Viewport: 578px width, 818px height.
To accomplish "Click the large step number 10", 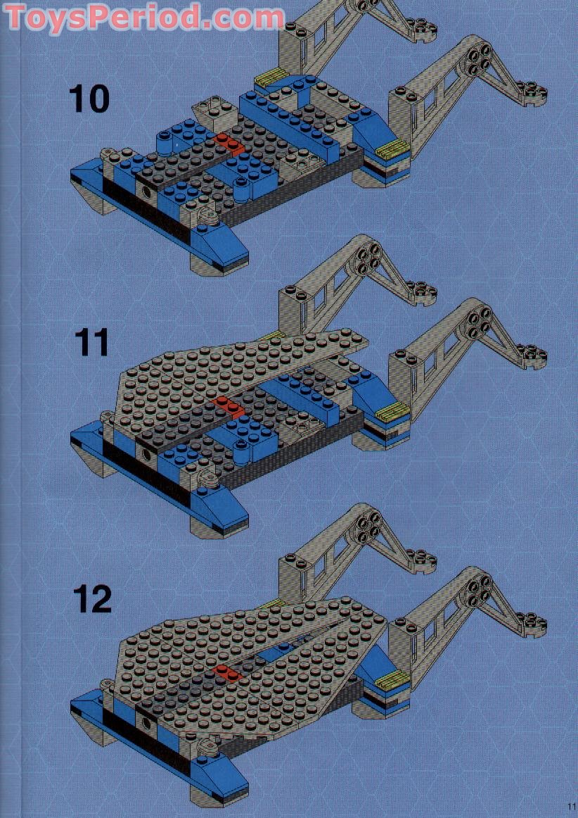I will pyautogui.click(x=89, y=98).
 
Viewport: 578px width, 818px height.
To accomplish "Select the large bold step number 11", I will pyautogui.click(x=92, y=343).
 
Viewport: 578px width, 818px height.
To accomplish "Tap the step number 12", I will pyautogui.click(x=92, y=600).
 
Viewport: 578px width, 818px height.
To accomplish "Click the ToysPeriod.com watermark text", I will pyautogui.click(x=143, y=17).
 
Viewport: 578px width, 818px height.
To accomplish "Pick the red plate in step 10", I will pyautogui.click(x=229, y=142).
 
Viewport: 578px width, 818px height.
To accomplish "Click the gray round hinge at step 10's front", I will pyautogui.click(x=206, y=218).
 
